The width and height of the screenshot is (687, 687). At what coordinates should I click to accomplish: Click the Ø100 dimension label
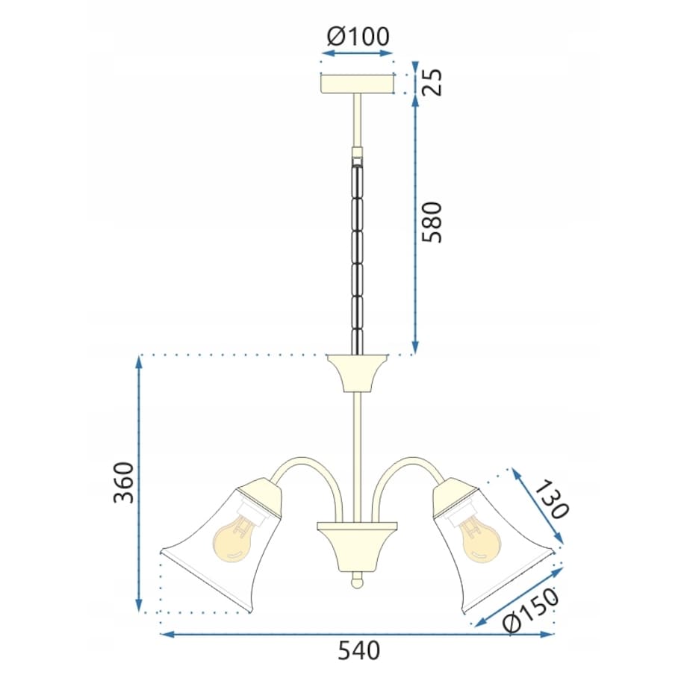click(x=358, y=37)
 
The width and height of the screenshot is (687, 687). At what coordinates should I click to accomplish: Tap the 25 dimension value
click(x=432, y=82)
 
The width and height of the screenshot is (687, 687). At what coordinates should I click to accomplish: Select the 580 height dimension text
click(x=432, y=222)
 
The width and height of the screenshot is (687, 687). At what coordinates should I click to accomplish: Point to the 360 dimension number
click(x=123, y=482)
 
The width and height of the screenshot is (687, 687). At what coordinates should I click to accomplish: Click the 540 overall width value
click(x=359, y=650)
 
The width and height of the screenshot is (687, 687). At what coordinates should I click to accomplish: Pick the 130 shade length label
click(x=552, y=500)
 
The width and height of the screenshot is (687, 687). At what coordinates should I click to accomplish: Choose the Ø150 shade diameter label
click(x=531, y=609)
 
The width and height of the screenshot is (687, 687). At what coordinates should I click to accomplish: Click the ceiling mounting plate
click(x=358, y=84)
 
